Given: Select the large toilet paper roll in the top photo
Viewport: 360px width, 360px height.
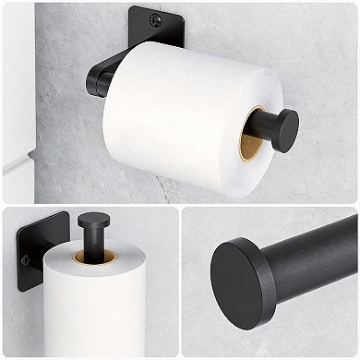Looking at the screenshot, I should tap(185, 111).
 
